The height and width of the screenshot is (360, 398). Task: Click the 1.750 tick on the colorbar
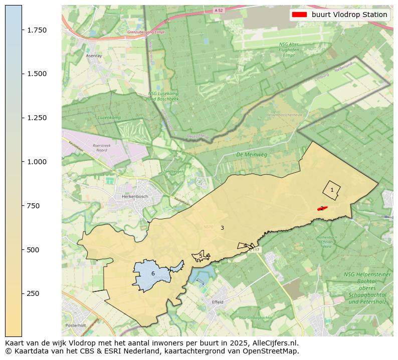[x=22, y=30]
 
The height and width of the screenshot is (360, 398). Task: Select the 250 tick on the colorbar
[x=22, y=293]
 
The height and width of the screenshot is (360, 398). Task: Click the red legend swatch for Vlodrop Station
[x=299, y=15]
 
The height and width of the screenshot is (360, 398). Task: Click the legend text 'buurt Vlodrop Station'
[x=349, y=15]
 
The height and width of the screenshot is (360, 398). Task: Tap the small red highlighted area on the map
[x=322, y=208]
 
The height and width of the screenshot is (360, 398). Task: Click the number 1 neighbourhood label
[x=332, y=190]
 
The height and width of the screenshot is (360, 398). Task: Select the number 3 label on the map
[x=222, y=228]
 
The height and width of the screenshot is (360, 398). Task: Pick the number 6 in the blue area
[x=153, y=274]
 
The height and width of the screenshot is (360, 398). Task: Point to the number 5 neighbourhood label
[x=201, y=256]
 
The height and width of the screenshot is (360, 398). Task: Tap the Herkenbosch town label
[x=135, y=197]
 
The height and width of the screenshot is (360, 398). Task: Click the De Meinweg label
[x=252, y=155]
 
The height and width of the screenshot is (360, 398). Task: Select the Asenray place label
[x=94, y=56]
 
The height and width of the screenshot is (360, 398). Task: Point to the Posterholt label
[x=76, y=325]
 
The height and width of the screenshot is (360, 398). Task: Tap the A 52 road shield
[x=218, y=10]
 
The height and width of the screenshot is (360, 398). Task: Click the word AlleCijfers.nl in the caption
[x=275, y=343]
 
